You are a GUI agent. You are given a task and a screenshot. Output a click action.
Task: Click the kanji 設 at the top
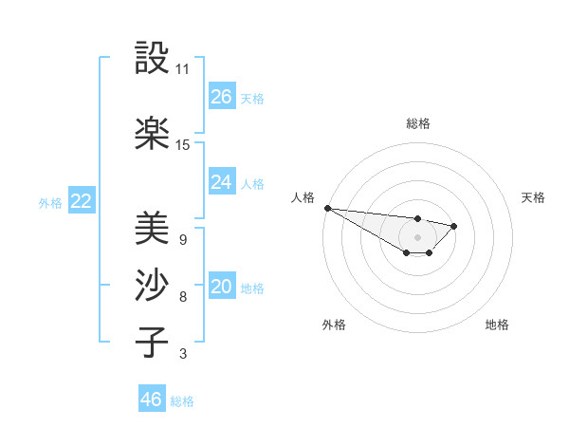pos(152,58)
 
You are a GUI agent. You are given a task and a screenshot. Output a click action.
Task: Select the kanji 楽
pos(152,134)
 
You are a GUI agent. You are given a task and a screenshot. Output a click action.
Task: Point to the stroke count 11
pos(183,69)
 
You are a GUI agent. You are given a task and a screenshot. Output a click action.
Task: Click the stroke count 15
pos(183,145)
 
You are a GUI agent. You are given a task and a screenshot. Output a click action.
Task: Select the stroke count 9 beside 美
pos(182,239)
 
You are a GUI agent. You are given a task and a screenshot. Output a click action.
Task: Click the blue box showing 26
pos(222,97)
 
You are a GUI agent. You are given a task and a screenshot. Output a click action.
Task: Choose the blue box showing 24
pos(222,182)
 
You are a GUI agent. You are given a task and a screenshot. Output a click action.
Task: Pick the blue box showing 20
pos(222,288)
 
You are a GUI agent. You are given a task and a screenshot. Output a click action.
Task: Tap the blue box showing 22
pos(81,201)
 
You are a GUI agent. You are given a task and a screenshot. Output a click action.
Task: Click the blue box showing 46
pos(152,400)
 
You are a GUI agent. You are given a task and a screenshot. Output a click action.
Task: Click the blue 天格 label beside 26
pos(252,98)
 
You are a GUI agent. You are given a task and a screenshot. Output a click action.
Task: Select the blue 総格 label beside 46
pos(182,400)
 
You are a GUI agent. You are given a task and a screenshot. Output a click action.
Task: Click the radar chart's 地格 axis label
pos(497,325)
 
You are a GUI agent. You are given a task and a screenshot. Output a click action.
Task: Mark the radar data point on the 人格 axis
pos(327,208)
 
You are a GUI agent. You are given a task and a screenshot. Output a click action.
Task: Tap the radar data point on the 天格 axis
pos(454,226)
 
